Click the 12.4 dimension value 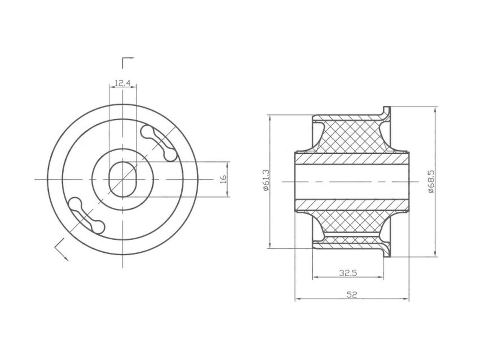(x=123, y=83)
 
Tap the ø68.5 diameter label (x=432, y=181)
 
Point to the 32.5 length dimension (x=348, y=273)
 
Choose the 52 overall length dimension (x=352, y=295)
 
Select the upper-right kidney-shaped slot (x=159, y=143)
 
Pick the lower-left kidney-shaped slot (x=87, y=215)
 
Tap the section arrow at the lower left (x=61, y=250)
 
